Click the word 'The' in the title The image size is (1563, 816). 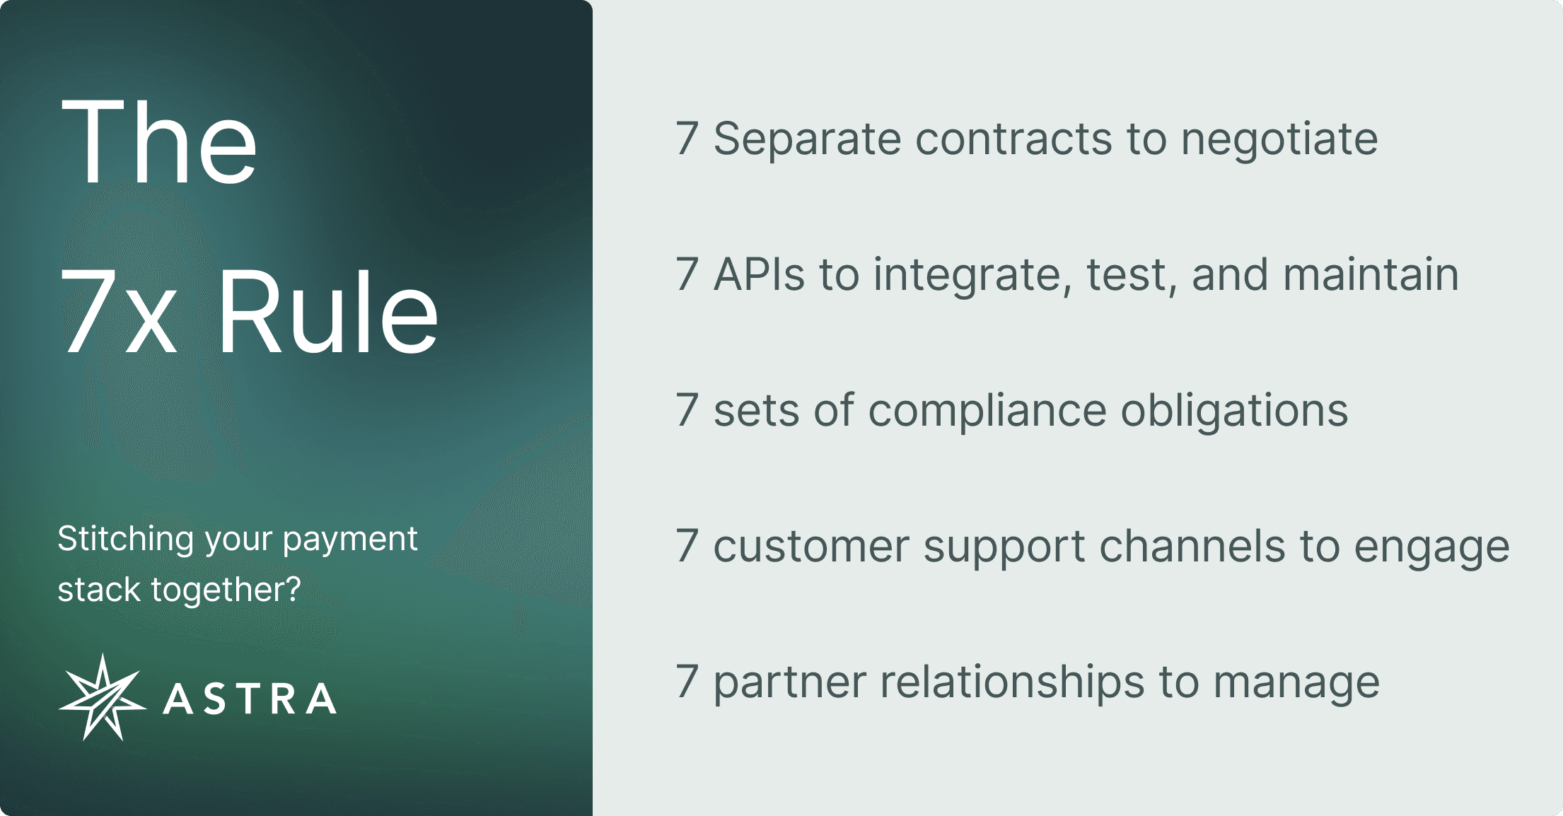159,141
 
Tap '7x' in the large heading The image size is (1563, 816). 118,313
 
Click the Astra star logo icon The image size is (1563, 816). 103,697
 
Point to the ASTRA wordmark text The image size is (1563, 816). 250,699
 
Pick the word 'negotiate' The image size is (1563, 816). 1279,139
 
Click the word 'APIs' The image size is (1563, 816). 759,274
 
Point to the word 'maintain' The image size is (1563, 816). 1371,274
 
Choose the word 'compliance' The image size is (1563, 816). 987,411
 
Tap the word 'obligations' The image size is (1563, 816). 1235,411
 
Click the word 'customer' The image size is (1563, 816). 810,547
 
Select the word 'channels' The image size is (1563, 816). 1192,547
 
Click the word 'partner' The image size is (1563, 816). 790,683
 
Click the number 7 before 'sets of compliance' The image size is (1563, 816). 687,410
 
